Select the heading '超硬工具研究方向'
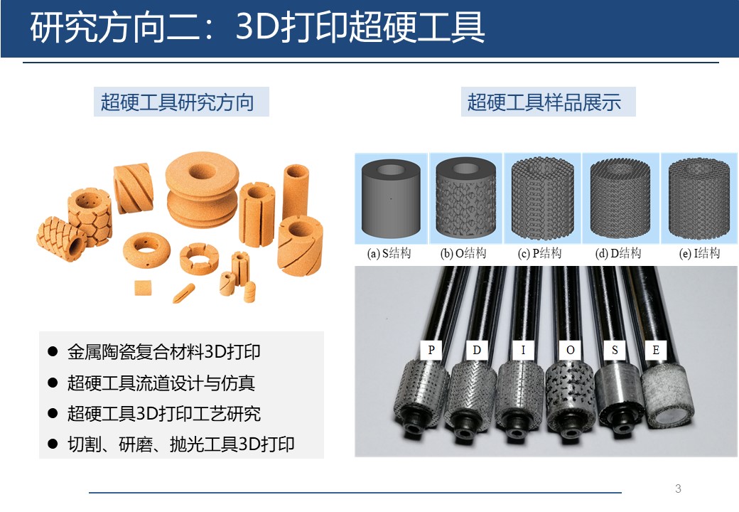(177, 102)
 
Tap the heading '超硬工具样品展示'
(544, 102)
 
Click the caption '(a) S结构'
(389, 254)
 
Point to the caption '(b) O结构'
(463, 254)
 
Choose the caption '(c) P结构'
(539, 254)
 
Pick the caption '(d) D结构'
(618, 254)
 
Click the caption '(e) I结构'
(699, 254)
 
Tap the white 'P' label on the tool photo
(431, 350)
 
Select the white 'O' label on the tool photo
(571, 350)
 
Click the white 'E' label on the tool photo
(656, 350)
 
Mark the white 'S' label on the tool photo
(615, 350)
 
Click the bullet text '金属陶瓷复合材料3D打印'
(164, 352)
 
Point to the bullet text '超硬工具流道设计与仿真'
(161, 383)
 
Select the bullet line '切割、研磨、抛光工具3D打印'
(181, 444)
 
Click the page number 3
(678, 489)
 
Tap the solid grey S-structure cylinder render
(391, 198)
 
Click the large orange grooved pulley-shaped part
(203, 189)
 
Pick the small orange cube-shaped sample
(143, 287)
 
